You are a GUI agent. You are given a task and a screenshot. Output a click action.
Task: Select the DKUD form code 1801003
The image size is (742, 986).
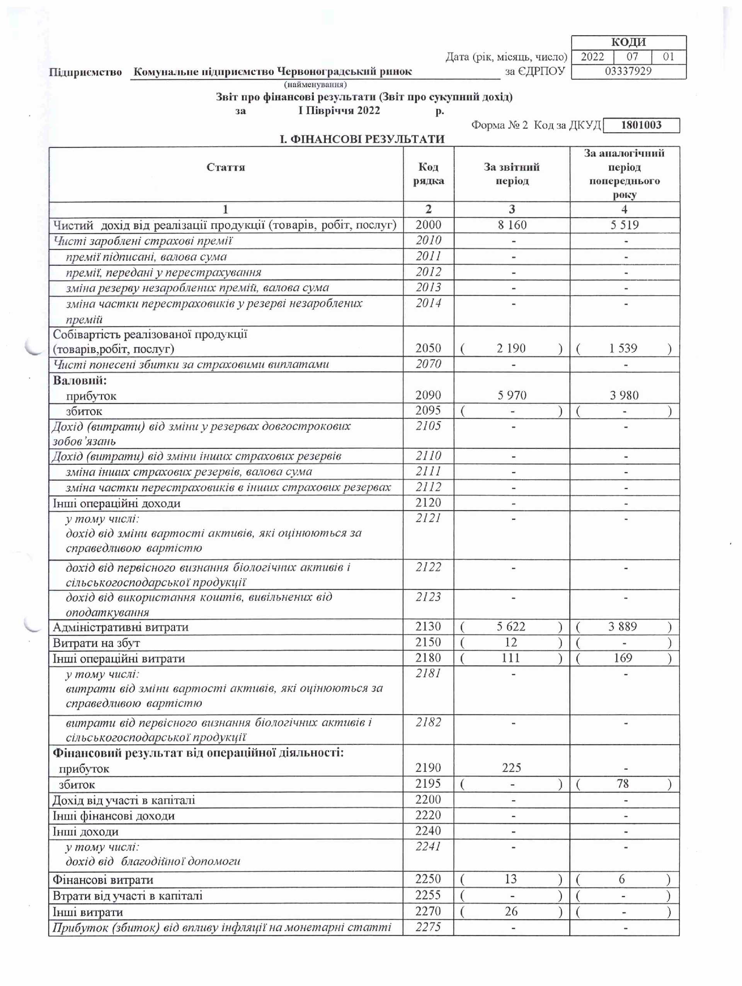641,125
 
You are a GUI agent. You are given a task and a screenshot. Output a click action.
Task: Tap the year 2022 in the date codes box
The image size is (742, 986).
592,57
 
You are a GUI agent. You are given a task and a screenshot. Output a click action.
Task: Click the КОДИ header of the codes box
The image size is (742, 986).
628,42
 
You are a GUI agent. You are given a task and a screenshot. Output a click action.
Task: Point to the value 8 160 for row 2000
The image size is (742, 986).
512,225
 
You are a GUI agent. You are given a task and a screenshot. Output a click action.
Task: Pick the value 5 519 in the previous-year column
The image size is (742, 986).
624,225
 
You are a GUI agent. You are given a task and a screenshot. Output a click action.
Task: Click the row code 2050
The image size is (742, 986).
428,348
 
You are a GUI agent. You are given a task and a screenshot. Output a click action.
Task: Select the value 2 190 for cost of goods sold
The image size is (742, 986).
511,348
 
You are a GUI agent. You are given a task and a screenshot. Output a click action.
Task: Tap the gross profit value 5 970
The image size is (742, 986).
512,395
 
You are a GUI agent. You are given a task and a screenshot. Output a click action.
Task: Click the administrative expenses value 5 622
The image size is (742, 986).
511,627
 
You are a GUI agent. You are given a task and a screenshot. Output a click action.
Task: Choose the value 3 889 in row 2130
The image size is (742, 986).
623,627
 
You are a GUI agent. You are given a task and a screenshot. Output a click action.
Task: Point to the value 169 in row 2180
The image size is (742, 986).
623,658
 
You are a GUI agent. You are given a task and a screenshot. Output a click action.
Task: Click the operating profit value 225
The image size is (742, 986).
511,768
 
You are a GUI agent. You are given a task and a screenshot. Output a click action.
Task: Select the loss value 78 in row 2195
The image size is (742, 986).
623,784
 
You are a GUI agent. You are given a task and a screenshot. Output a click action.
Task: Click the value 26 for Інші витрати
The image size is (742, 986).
511,911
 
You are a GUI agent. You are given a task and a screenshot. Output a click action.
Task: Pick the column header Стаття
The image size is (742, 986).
226,167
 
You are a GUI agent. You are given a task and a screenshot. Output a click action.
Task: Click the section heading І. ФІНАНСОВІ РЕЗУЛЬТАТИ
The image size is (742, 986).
362,139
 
